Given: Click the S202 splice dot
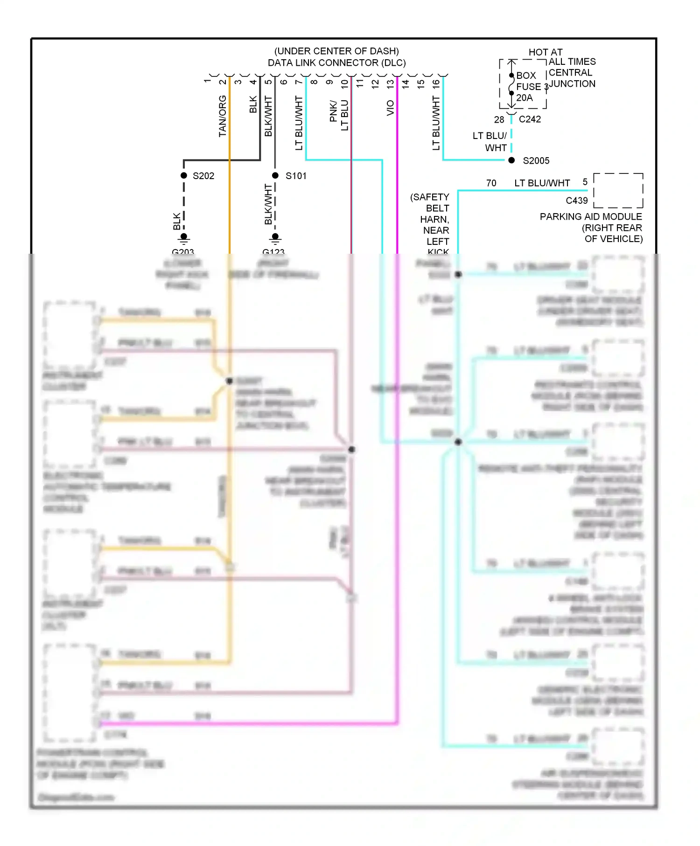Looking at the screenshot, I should click(x=184, y=175).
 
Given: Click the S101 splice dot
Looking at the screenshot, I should click(x=275, y=175).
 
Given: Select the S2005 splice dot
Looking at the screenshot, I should click(x=511, y=160).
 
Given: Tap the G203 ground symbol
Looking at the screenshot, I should click(x=184, y=238).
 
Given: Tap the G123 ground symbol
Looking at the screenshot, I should click(x=275, y=238).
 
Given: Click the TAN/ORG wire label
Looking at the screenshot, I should click(x=223, y=117).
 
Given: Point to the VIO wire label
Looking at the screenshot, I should click(x=391, y=108).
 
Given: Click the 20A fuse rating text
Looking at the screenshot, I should click(x=525, y=98).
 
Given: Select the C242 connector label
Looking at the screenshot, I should click(x=530, y=119).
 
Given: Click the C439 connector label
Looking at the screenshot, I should click(x=577, y=201).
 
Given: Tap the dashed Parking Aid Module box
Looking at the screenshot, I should click(x=618, y=190).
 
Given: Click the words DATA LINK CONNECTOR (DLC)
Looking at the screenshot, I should click(x=336, y=63).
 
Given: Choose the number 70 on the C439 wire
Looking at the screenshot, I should click(x=491, y=183).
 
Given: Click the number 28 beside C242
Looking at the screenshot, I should click(x=499, y=120).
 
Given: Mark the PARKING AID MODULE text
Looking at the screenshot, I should click(x=591, y=217).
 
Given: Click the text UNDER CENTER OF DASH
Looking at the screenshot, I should click(x=336, y=51).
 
